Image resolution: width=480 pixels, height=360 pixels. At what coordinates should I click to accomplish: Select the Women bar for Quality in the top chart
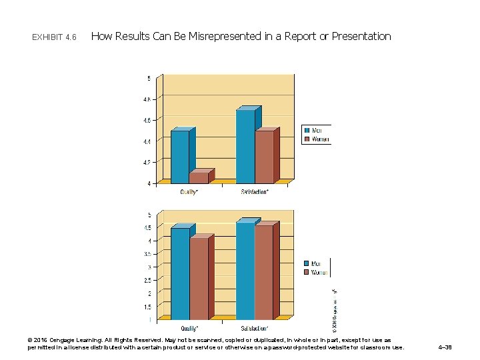[x=198, y=178]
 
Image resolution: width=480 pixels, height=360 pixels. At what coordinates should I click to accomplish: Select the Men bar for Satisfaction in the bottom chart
[x=245, y=271]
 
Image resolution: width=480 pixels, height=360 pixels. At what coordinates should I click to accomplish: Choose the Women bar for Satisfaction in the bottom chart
[x=263, y=273]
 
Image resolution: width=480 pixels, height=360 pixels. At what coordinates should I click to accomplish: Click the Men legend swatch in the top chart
[x=307, y=131]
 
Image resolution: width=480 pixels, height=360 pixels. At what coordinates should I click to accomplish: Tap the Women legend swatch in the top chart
[x=307, y=139]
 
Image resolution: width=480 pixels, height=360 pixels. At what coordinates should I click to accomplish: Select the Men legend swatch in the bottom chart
[x=307, y=263]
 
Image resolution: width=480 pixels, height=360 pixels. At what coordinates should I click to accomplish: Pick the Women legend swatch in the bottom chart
[x=307, y=272]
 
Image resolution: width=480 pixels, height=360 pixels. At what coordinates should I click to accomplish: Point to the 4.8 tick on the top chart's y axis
[x=147, y=99]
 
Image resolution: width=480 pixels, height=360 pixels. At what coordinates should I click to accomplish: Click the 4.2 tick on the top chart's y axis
[x=147, y=162]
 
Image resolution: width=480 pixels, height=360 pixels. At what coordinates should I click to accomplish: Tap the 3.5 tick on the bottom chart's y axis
[x=147, y=254]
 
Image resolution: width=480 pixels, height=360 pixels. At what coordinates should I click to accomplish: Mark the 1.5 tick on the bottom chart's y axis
[x=147, y=307]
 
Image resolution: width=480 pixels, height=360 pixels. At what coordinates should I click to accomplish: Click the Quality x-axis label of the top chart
[x=189, y=193]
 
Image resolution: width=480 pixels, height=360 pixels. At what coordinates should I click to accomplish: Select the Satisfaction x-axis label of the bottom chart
[x=255, y=328]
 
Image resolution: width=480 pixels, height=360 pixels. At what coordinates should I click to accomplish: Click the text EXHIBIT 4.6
[x=54, y=37]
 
